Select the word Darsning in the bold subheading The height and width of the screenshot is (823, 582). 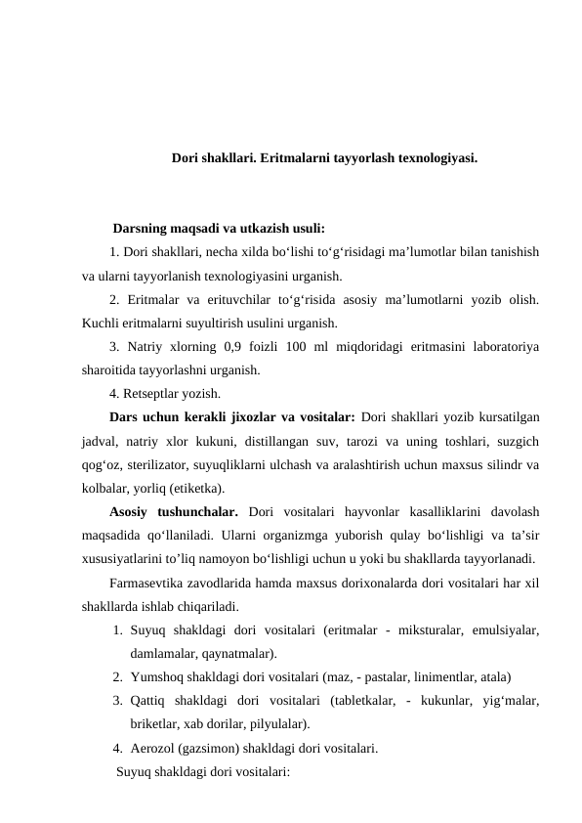click(x=143, y=231)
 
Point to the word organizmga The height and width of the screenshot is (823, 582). click(x=279, y=535)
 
